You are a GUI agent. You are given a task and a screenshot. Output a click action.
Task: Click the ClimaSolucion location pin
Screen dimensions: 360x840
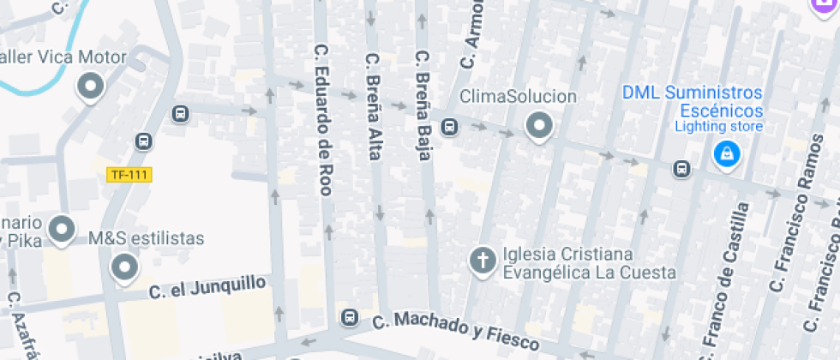pos(538,126)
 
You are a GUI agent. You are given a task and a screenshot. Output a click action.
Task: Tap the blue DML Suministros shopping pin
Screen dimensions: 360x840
pos(726,154)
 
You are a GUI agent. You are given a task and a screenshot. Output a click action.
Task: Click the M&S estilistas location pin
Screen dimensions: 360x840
pos(125,267)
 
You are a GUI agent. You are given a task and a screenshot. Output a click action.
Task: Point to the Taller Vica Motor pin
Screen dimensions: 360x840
pos(90,86)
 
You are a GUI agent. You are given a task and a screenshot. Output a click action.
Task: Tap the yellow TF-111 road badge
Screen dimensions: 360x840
pos(129,175)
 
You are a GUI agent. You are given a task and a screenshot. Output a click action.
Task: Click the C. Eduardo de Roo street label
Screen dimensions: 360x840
pos(323,120)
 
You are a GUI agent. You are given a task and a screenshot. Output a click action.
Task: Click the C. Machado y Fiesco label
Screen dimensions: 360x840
pos(457,332)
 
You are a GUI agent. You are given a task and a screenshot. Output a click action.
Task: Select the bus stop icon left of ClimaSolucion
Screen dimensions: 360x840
pos(448,127)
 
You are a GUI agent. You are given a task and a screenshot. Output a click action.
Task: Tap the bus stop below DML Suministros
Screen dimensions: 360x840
pos(681,169)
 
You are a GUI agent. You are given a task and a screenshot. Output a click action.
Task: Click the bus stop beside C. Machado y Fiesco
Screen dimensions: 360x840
pos(349,317)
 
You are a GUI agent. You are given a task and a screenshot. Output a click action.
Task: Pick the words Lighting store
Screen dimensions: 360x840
pos(718,127)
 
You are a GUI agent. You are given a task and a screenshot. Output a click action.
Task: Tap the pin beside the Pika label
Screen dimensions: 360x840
pos(62,229)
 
